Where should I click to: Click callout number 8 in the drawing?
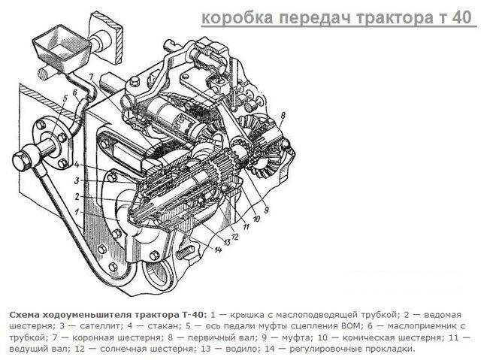[x=283, y=115]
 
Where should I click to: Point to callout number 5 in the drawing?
[x=65, y=98]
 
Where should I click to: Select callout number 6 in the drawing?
[x=75, y=92]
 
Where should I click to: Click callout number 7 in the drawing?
[x=91, y=77]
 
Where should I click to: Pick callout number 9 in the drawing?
[x=266, y=210]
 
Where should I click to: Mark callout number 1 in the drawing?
[x=77, y=211]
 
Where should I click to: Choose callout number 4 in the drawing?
[x=77, y=165]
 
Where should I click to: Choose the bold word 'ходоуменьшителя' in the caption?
[x=87, y=315]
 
